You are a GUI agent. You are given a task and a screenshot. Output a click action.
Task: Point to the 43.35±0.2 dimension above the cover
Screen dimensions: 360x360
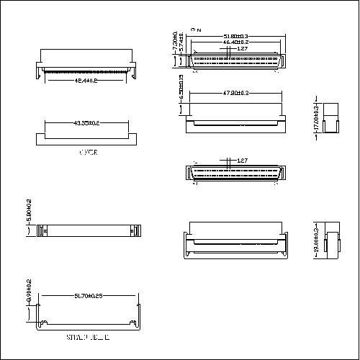click(x=86, y=124)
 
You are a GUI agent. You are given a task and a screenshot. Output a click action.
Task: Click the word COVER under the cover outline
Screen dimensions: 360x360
click(x=88, y=153)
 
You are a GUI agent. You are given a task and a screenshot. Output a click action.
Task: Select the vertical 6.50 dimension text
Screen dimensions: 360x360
click(x=181, y=88)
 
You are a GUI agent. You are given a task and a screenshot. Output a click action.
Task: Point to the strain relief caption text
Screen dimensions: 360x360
click(x=87, y=337)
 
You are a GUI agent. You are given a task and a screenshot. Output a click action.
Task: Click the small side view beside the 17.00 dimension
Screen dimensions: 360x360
click(x=330, y=118)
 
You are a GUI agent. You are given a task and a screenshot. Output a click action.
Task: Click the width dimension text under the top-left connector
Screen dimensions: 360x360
click(x=86, y=81)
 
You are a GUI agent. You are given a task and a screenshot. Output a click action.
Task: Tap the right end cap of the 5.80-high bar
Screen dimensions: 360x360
click(x=133, y=230)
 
